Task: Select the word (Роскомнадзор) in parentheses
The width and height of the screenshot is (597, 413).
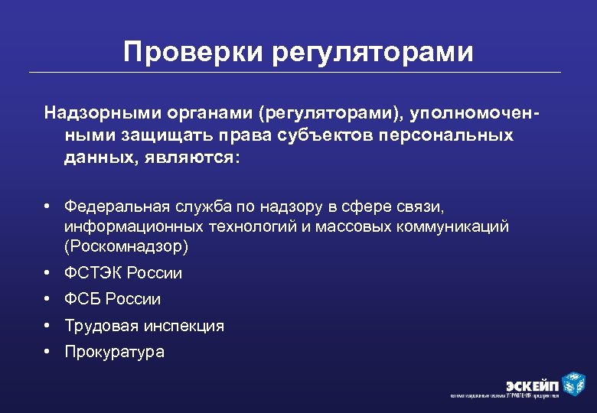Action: [126, 246]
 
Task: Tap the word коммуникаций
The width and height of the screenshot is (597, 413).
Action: [458, 226]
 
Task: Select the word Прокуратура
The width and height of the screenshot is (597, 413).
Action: [114, 352]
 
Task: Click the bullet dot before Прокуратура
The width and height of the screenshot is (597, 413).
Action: [47, 352]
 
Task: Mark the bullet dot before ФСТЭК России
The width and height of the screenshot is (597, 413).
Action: [47, 273]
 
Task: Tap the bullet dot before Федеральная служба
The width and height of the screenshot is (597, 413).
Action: [47, 206]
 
